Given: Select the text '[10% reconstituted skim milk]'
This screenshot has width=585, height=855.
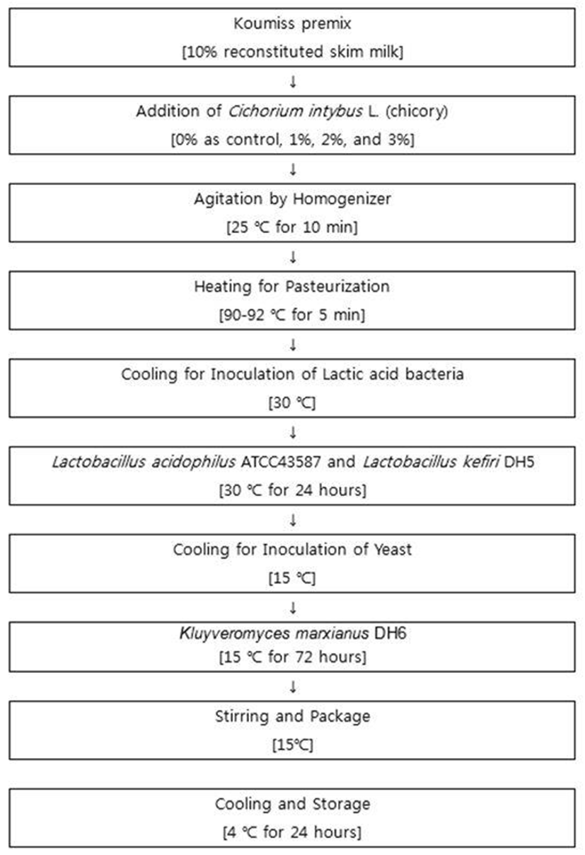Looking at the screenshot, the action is [292, 52].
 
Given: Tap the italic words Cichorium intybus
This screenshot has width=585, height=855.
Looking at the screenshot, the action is [295, 111].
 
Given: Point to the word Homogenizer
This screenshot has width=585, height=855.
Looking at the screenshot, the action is [342, 199].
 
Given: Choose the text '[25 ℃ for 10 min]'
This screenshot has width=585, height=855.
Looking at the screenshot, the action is [292, 227].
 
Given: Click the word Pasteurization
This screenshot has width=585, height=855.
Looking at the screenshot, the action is [337, 287].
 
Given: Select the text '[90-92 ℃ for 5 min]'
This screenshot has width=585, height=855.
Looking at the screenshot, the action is [292, 315].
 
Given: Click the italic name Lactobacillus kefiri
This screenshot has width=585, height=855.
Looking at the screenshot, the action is [431, 463].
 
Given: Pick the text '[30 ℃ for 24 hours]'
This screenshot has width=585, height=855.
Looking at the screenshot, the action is [292, 490].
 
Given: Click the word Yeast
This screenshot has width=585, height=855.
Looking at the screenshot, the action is [393, 550].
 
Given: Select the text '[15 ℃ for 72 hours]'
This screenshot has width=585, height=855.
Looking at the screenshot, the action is [292, 657].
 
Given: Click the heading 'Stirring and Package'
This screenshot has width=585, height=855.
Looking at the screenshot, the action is [292, 717].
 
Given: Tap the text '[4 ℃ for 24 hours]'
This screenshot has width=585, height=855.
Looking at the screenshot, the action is [292, 832].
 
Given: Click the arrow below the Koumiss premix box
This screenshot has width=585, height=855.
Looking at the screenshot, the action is [293, 81].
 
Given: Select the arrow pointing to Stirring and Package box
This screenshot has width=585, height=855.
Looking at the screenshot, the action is [293, 687].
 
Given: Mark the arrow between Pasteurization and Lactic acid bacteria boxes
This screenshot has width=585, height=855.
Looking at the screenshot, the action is [293, 345].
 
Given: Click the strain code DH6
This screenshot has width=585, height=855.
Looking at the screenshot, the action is [390, 633].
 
